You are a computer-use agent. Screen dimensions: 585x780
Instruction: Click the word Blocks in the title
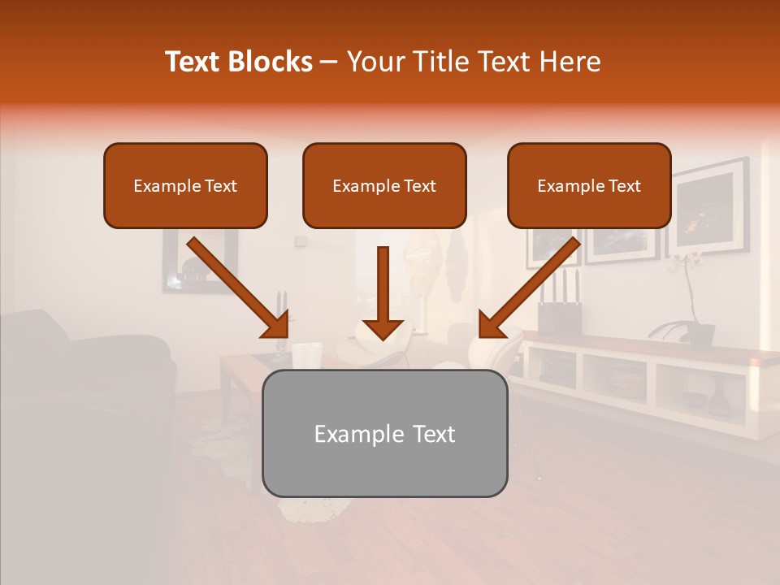pos(271,62)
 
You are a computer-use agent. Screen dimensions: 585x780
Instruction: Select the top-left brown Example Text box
pos(185,185)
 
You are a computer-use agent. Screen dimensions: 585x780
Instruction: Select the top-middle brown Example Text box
pos(384,185)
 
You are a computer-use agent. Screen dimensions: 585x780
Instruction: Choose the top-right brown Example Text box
pos(589,185)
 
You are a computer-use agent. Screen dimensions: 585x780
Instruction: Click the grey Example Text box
pos(384,433)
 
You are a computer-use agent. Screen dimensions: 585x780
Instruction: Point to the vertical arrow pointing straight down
pos(383,292)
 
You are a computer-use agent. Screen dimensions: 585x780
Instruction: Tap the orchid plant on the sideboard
pos(691,301)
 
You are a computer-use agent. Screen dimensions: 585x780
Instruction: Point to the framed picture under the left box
pos(199,260)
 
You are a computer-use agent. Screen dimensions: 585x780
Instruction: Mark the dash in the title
pos(329,63)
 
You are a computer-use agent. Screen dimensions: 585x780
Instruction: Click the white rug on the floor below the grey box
pos(313,508)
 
